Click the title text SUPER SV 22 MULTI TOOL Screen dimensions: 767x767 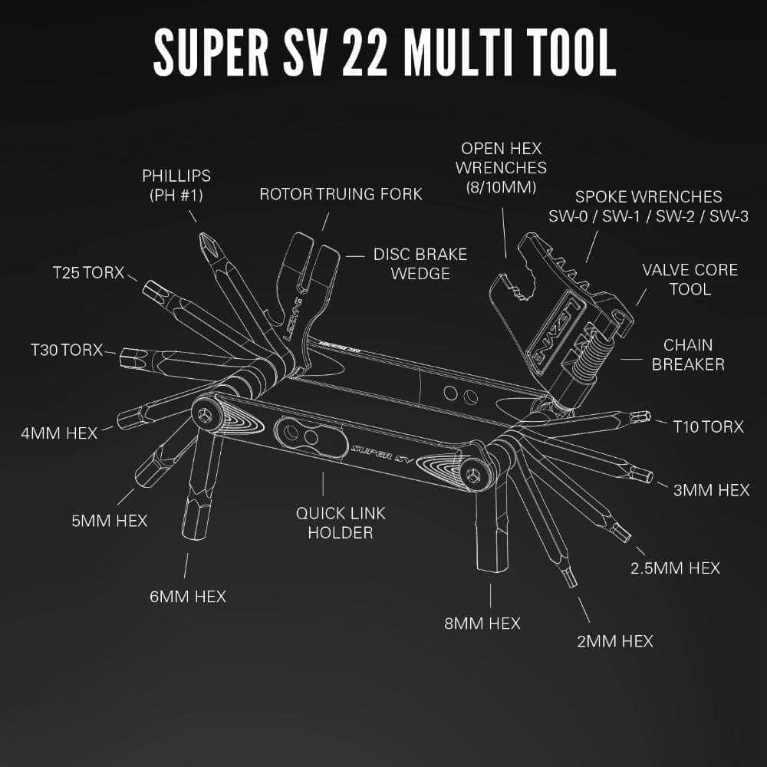coord(384,52)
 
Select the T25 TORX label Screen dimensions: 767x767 coord(88,272)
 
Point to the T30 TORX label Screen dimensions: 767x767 coord(66,350)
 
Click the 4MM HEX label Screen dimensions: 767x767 coord(59,433)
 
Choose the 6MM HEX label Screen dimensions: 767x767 coord(188,596)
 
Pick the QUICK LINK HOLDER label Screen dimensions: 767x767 coord(341,522)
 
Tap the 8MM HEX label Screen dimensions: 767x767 coord(482,623)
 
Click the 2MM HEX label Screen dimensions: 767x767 coord(615,640)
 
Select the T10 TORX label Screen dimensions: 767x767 coord(708,426)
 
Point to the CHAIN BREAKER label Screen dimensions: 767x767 coord(688,354)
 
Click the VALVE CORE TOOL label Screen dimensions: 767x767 coord(690,279)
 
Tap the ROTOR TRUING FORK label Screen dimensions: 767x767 coord(341,193)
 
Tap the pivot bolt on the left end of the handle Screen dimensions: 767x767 coord(205,415)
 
